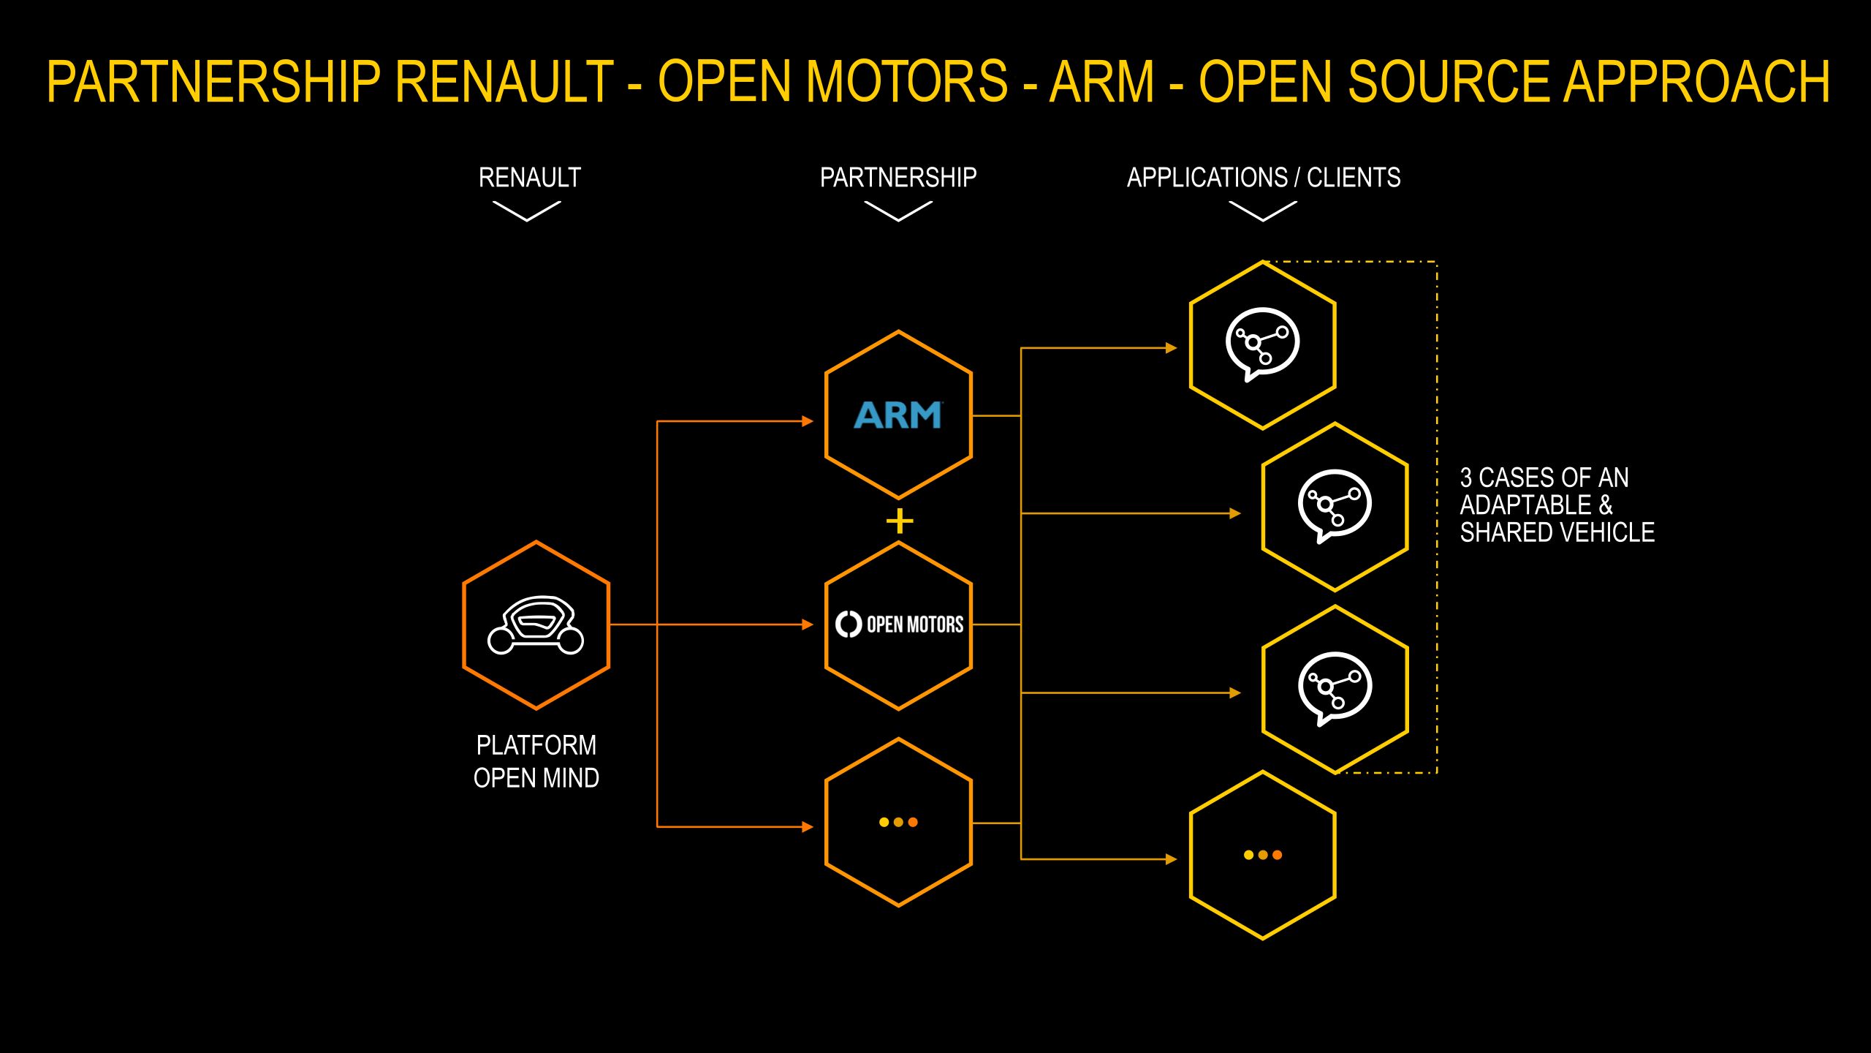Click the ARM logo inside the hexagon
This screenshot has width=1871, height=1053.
pos(898,415)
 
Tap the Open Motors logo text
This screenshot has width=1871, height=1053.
pos(914,624)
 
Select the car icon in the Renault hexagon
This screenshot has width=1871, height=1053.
pos(536,625)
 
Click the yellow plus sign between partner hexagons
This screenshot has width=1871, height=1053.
pos(900,521)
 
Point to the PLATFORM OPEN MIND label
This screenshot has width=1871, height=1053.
pos(536,761)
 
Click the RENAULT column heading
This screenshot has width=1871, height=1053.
pos(529,178)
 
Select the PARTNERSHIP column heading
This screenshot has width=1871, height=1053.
pos(898,178)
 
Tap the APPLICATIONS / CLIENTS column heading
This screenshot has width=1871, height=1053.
pos(1264,178)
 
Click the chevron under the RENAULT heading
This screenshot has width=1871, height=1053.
pos(527,211)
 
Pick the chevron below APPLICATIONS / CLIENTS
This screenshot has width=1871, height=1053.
pos(1263,211)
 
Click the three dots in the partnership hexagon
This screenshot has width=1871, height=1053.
pos(898,822)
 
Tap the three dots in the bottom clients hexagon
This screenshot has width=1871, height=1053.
pos(1263,855)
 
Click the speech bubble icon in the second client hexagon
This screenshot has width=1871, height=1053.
pos(1335,505)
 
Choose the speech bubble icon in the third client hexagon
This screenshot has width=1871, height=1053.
pos(1335,688)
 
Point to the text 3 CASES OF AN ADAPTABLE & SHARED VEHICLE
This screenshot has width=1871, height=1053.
pos(1557,505)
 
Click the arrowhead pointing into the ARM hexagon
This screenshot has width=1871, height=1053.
pos(808,421)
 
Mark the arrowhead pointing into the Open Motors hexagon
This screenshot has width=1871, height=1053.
pos(808,624)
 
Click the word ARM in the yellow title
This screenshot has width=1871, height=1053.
pos(1101,82)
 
